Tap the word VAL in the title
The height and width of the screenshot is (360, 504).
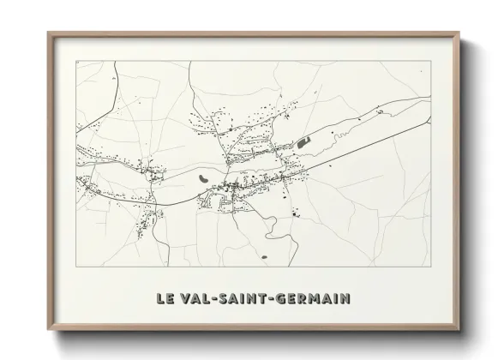tap(195, 299)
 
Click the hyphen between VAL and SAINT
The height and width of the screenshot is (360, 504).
tap(215, 299)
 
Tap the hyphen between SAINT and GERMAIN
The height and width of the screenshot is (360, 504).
tap(275, 299)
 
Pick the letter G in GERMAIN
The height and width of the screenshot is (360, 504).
tap(285, 299)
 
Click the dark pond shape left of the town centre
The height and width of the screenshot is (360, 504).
tap(202, 178)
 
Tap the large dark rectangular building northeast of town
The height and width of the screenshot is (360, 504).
tap(303, 141)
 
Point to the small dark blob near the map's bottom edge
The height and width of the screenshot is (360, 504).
tap(265, 255)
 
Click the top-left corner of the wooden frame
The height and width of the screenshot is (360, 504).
tap(47, 33)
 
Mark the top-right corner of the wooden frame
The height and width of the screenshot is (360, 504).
tap(459, 33)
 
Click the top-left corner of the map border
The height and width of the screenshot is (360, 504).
tap(76, 61)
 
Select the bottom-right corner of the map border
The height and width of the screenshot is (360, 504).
tap(430, 268)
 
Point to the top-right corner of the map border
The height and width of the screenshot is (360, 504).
tap(430, 61)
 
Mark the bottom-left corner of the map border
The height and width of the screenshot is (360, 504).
tap(76, 268)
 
